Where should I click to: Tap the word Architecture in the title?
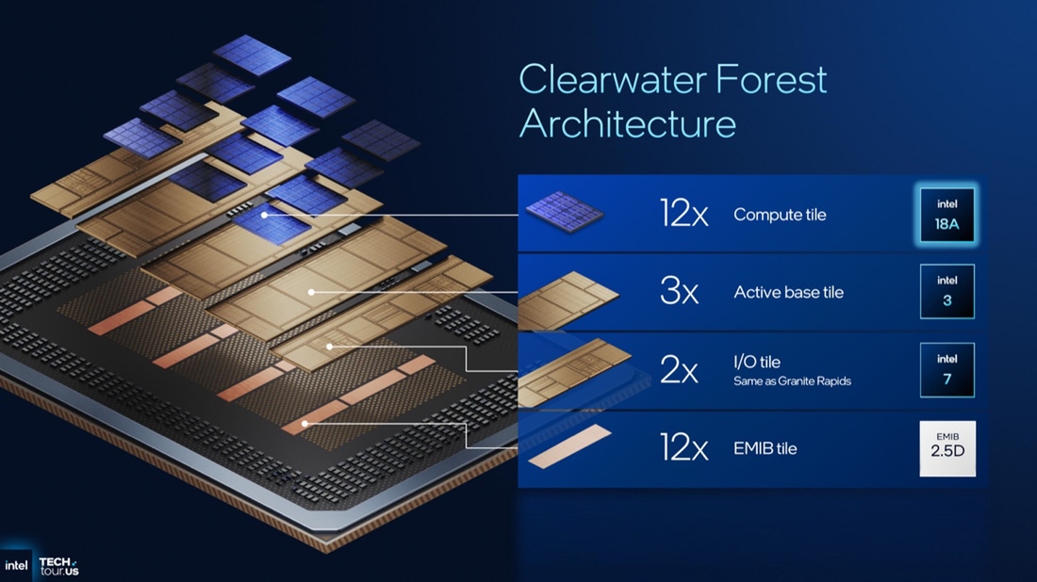click(628, 124)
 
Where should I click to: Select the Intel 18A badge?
click(947, 215)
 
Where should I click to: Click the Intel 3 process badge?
click(947, 292)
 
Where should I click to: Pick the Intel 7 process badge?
click(947, 370)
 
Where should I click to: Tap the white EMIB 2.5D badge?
click(947, 448)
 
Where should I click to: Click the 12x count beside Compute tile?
click(683, 215)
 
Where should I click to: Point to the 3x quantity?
click(679, 292)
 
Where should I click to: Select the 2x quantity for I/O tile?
click(679, 370)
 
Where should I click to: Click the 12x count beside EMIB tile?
click(683, 448)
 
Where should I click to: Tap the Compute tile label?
click(780, 215)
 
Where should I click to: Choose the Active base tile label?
click(788, 292)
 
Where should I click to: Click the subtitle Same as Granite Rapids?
click(792, 381)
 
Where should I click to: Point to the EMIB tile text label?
click(765, 448)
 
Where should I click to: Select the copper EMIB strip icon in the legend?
click(569, 447)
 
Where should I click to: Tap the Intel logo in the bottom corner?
click(16, 565)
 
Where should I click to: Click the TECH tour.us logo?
click(58, 565)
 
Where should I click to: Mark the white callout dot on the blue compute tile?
click(266, 215)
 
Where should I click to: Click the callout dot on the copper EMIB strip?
click(305, 425)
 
